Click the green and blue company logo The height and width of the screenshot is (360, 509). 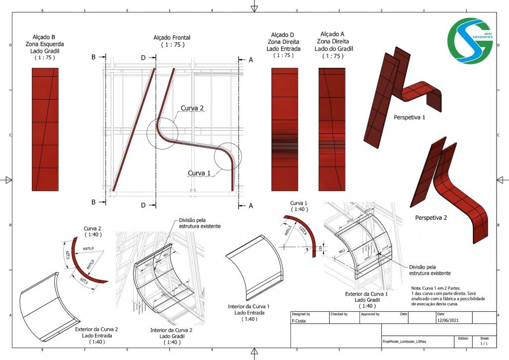[x=469, y=41]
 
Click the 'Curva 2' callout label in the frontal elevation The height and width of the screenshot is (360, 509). [x=192, y=108]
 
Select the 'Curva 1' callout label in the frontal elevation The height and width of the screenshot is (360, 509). [x=199, y=173]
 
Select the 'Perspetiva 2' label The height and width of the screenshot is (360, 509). [x=431, y=217]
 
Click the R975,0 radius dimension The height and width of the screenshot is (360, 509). [x=89, y=249]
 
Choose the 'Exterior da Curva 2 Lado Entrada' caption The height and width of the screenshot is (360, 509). [x=96, y=335]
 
